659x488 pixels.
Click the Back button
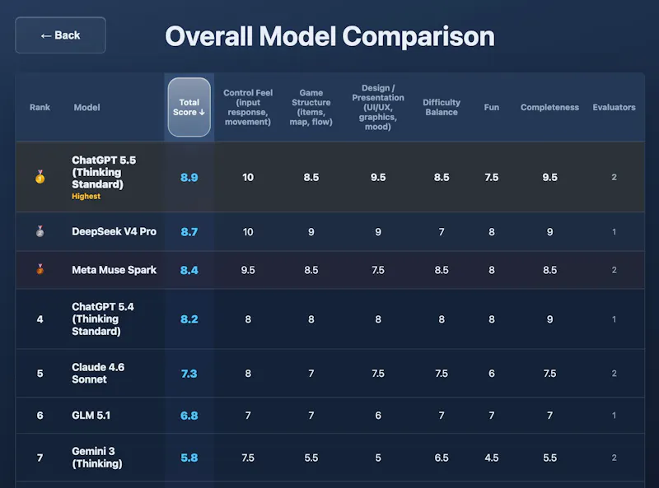point(60,35)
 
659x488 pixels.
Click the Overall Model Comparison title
point(330,36)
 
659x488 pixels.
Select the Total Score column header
point(189,107)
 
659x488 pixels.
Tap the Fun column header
point(491,107)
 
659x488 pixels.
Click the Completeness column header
point(549,107)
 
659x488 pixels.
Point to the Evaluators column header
point(614,107)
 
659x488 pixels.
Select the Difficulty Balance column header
point(442,107)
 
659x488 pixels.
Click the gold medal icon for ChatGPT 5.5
point(40,177)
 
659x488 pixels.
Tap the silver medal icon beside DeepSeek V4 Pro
point(40,231)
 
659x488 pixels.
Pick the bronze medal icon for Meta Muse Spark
point(40,269)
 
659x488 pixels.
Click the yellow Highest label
point(86,196)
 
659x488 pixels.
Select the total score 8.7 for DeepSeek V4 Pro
point(189,232)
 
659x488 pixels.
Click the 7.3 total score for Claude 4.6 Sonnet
point(189,374)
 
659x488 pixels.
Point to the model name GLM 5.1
point(91,416)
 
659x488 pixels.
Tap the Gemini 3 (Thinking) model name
point(97,458)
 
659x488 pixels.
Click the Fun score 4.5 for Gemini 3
point(491,458)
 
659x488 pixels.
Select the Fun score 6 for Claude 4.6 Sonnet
point(491,374)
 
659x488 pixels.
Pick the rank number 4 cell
point(40,319)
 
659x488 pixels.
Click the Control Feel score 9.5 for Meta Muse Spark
point(248,270)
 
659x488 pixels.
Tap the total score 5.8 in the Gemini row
point(189,458)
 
